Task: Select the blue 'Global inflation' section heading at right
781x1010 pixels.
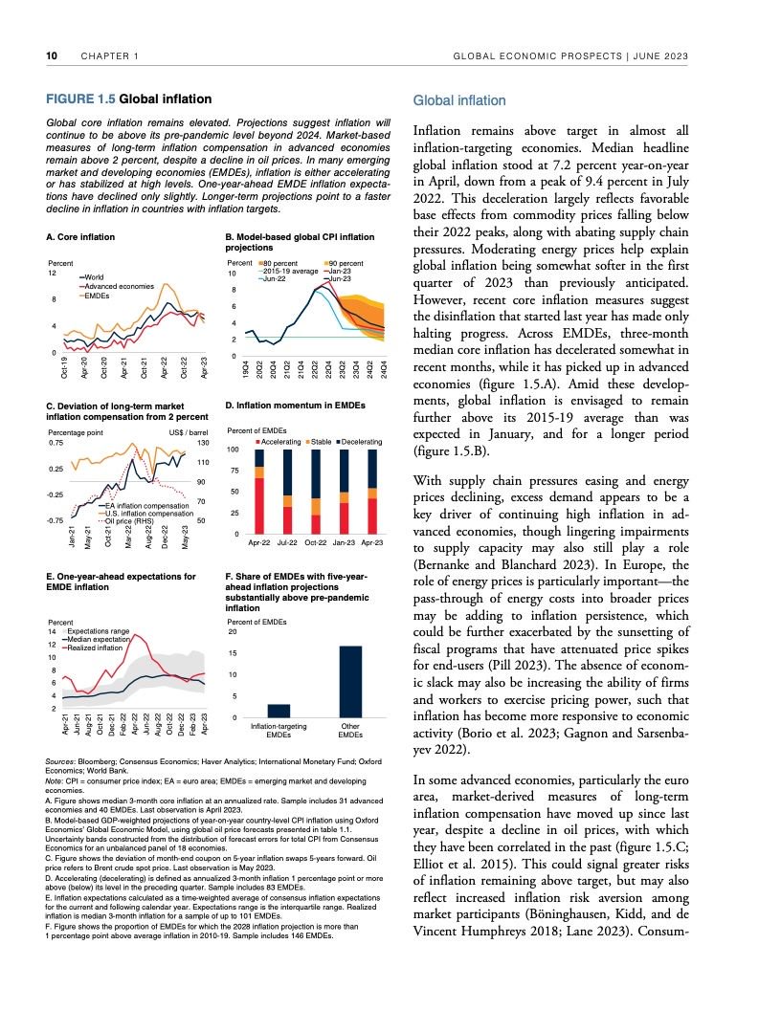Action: click(x=458, y=100)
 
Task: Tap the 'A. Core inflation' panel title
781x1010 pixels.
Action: click(x=80, y=236)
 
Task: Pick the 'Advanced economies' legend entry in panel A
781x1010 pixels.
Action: click(x=119, y=286)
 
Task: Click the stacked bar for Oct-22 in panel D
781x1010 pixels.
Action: click(x=315, y=492)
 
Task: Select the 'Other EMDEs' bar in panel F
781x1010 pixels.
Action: click(x=350, y=681)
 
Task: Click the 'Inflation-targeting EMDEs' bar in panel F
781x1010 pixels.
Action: click(x=279, y=710)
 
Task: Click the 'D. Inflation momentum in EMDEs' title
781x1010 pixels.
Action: click(x=294, y=406)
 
